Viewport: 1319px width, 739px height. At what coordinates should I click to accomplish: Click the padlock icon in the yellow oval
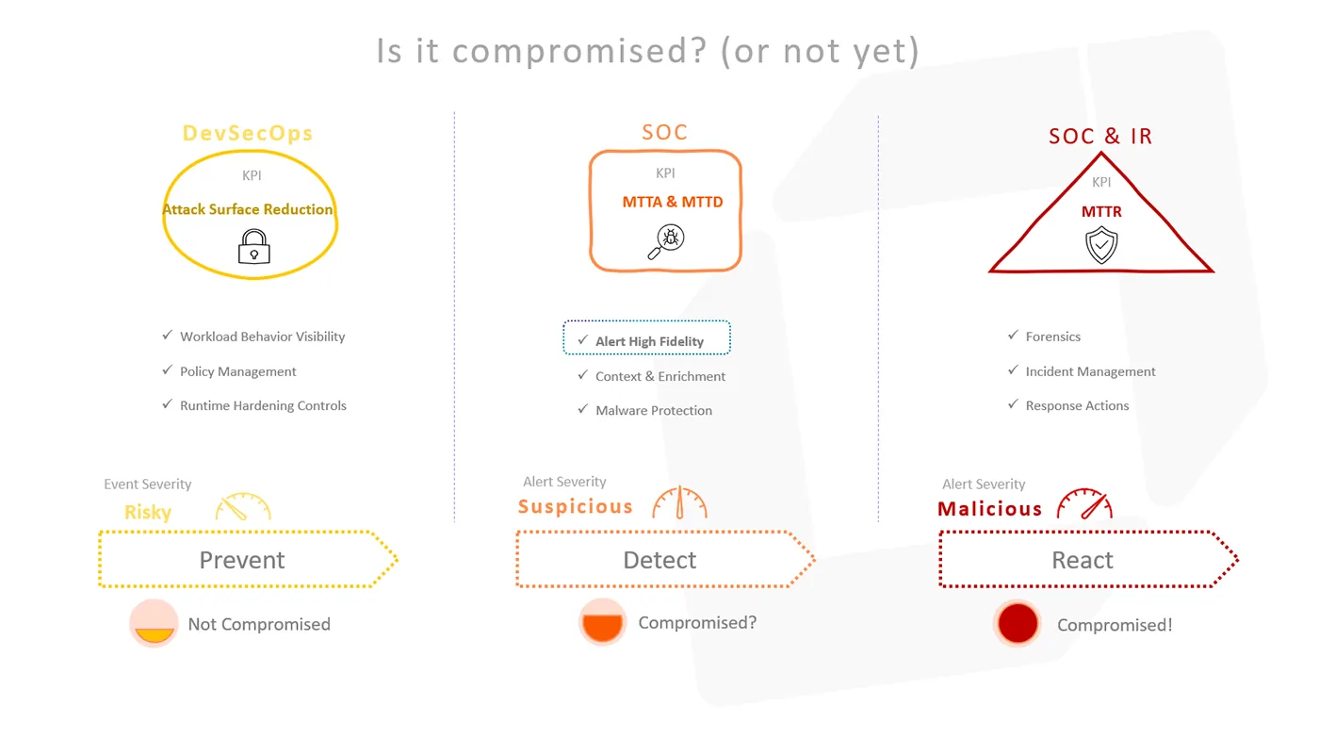[x=253, y=246]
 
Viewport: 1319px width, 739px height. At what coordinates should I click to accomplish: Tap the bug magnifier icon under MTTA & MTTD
[x=667, y=241]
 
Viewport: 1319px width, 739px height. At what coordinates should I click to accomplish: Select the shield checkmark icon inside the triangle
[x=1101, y=244]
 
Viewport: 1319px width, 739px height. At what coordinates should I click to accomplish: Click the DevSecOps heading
[x=247, y=133]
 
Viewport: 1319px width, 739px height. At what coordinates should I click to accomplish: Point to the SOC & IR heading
[x=1100, y=136]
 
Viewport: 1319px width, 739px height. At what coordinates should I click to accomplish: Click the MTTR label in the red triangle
[x=1101, y=211]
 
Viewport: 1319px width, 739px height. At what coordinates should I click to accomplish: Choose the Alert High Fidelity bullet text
[x=649, y=342]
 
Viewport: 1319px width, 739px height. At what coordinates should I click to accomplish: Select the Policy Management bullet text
[x=237, y=372]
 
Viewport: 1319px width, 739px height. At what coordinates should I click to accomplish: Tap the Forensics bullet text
[x=1053, y=337]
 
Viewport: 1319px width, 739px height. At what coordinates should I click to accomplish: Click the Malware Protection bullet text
[x=654, y=410]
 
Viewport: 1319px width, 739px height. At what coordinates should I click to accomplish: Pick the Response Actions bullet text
[x=1077, y=405]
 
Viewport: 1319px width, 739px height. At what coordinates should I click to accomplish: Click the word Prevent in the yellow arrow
[x=242, y=560]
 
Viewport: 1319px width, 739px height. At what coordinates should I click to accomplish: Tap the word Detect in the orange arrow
[x=659, y=560]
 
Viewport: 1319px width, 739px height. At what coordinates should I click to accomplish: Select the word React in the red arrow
[x=1083, y=560]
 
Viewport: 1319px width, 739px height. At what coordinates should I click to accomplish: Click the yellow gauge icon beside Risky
[x=243, y=507]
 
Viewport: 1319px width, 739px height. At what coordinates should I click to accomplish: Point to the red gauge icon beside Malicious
[x=1084, y=504]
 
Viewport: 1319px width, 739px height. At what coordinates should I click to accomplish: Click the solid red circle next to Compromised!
[x=1018, y=623]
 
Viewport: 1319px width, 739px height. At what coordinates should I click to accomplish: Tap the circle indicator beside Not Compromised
[x=154, y=623]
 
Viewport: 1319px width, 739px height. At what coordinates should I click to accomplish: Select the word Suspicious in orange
[x=576, y=506]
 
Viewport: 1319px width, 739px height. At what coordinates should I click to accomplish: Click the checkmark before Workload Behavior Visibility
[x=168, y=335]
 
